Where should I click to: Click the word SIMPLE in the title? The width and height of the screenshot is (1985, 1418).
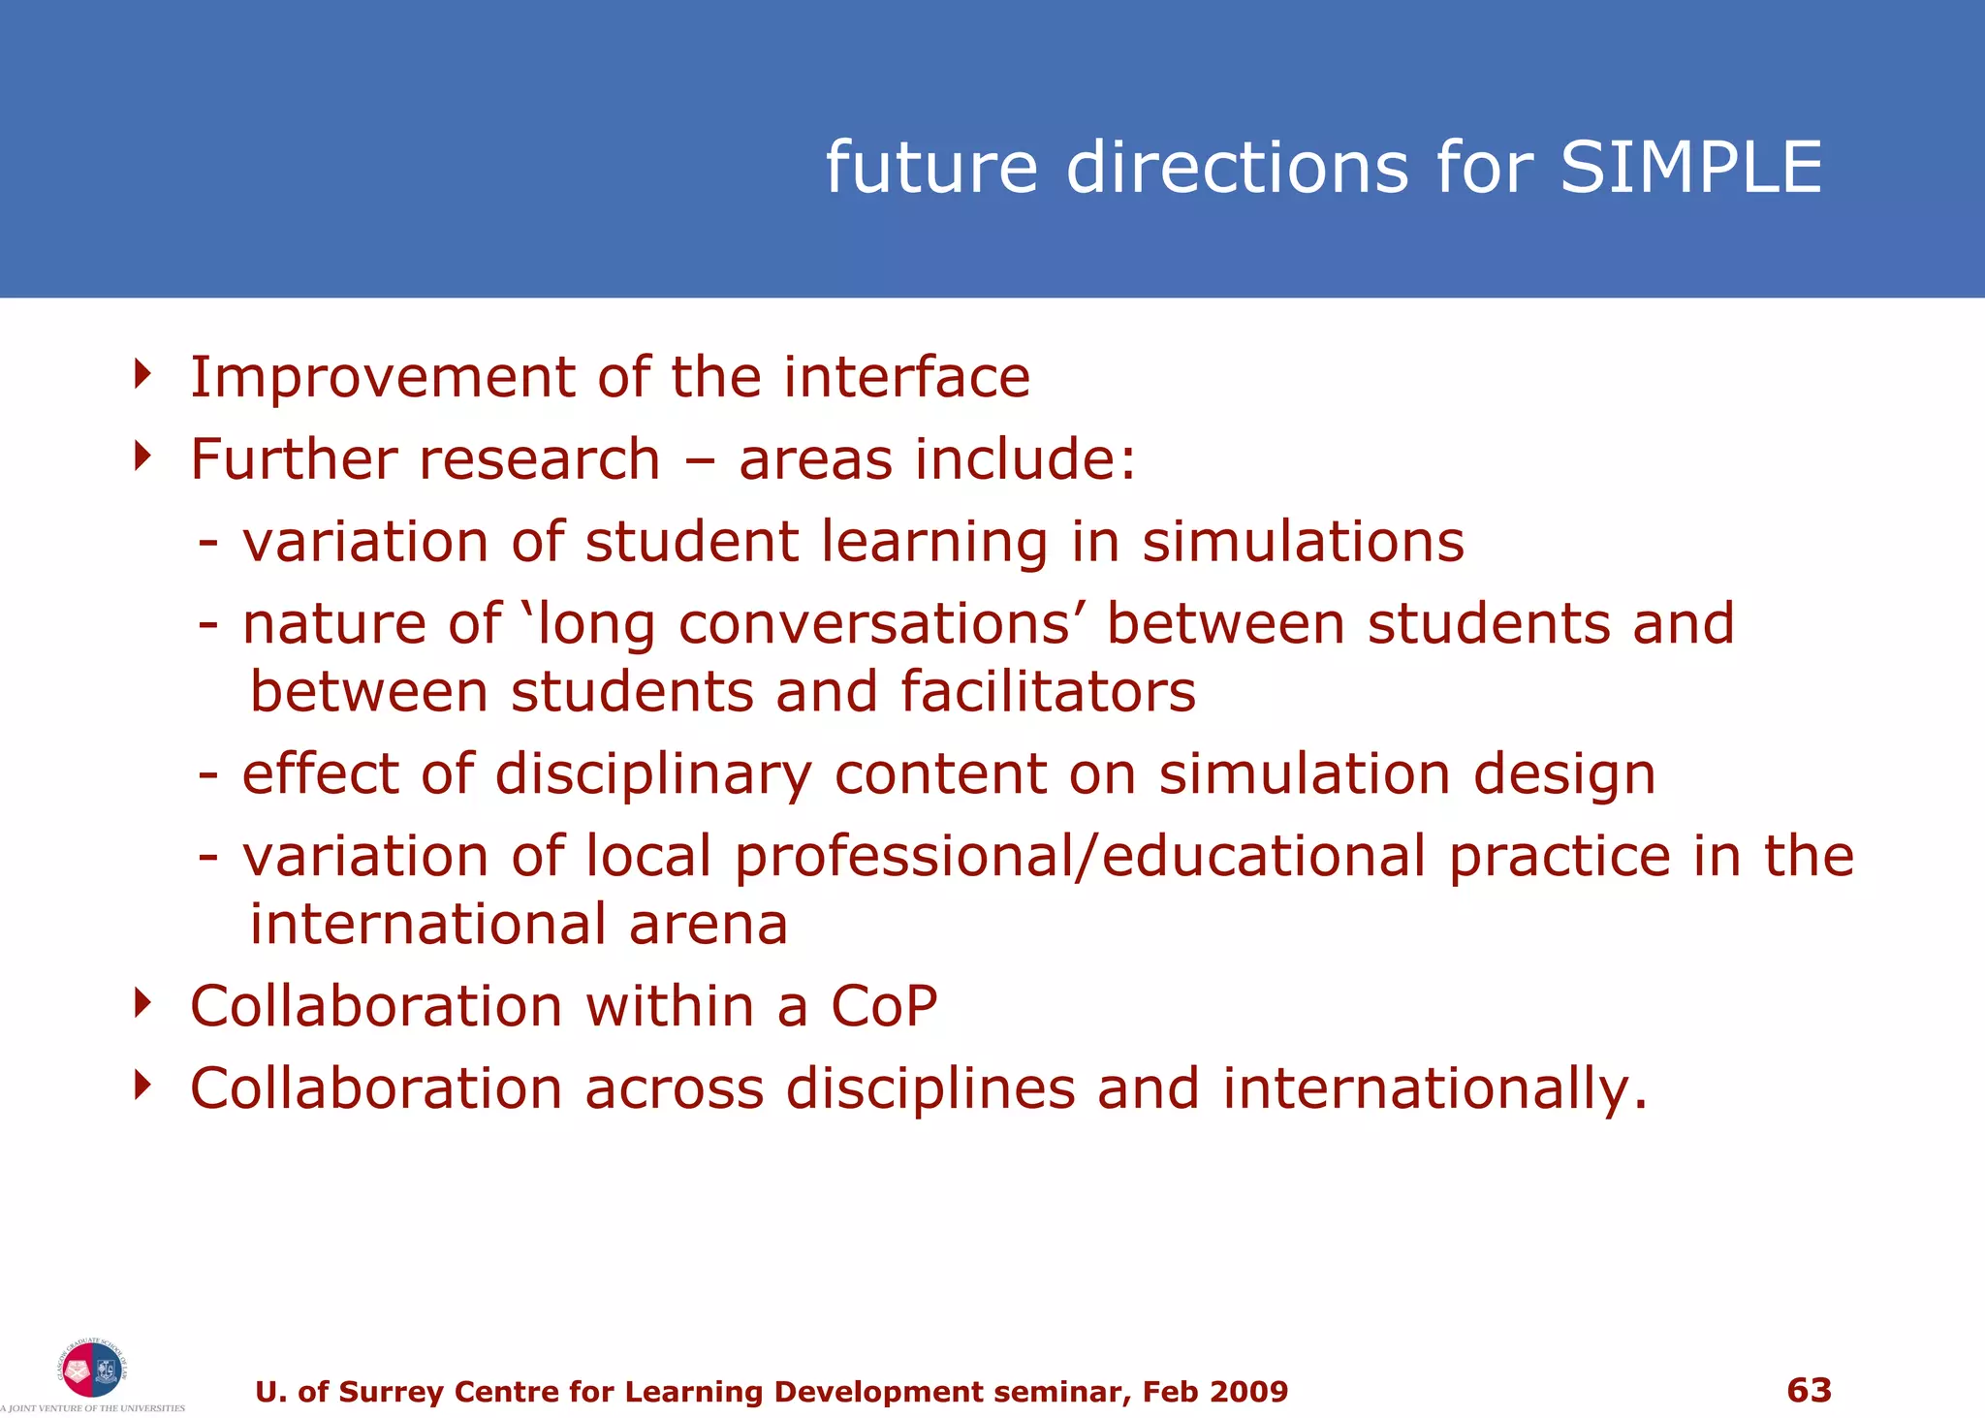coord(1690,167)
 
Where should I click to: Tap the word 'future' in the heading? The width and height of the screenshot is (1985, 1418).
coord(931,167)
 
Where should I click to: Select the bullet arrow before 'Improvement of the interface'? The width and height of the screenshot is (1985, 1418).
coord(143,374)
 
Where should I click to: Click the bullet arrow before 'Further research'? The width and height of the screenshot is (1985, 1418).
coord(143,456)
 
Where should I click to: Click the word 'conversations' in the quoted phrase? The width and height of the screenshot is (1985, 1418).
coord(873,623)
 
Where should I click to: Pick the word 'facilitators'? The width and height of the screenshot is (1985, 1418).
coord(1048,692)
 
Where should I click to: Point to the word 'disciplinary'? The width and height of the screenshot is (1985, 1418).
coord(653,775)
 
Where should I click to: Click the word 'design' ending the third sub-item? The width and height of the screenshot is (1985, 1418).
coord(1564,774)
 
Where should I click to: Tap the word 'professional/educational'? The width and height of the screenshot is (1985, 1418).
coord(1080,857)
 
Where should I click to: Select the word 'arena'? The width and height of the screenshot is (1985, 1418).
coord(708,925)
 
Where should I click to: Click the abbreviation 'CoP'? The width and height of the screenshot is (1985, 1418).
coord(884,1006)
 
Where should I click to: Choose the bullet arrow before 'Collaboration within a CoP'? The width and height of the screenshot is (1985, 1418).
coord(143,1003)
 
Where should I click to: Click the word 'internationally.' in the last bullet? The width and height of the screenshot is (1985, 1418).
coord(1434,1088)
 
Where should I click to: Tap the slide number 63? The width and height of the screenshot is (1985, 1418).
coord(1809,1390)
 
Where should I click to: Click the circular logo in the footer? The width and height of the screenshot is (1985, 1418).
coord(92,1370)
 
